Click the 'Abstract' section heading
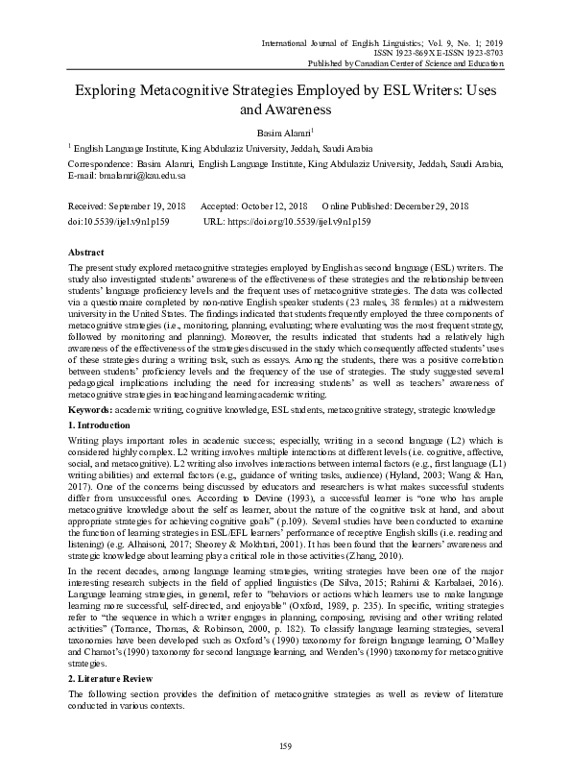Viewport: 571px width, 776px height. tap(86, 250)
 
